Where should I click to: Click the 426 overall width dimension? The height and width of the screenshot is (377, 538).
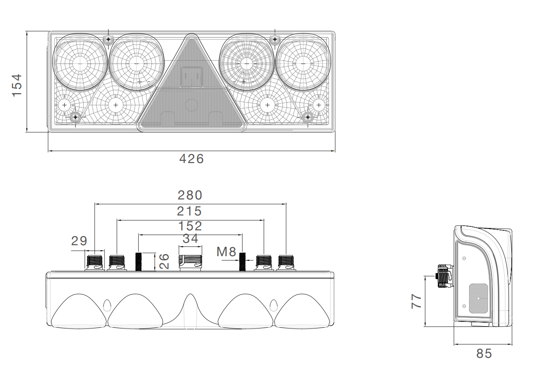coord(191,159)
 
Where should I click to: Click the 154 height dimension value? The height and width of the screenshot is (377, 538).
coord(17,85)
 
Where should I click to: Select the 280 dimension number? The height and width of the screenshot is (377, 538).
coord(190,195)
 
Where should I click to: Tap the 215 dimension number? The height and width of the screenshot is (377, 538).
coord(189,211)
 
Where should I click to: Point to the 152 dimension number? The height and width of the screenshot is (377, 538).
coord(190,226)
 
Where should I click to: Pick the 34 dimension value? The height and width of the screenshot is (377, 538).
coord(190,239)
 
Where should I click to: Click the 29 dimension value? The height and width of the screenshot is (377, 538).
coord(79,241)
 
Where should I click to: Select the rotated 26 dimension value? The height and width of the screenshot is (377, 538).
coord(164,261)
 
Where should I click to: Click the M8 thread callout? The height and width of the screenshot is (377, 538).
coord(226,252)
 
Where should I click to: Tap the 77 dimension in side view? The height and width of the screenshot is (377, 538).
coord(416,301)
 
